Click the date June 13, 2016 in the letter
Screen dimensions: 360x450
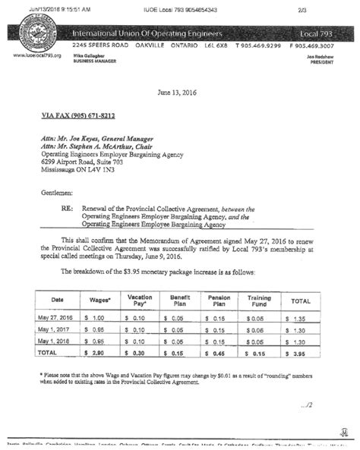[179, 92]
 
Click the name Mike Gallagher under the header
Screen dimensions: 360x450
[90, 56]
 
